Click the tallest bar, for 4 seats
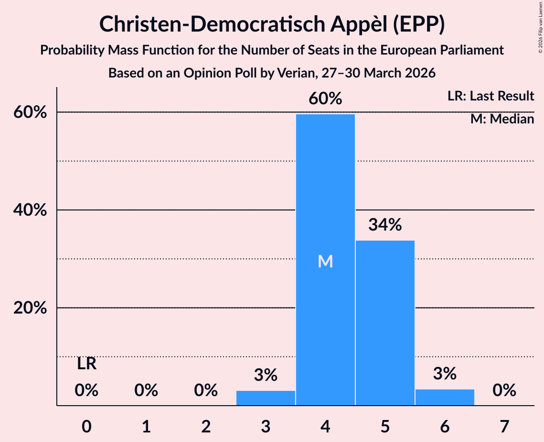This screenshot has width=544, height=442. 325,260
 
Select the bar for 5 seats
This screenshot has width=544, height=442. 385,323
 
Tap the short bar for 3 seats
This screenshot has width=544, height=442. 266,398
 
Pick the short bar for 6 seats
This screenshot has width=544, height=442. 445,397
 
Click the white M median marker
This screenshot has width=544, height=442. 325,261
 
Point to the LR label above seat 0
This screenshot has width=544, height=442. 87,364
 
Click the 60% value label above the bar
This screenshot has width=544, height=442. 325,99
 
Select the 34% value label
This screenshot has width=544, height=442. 385,224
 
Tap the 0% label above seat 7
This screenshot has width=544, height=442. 504,390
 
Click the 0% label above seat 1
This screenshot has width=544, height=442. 147,390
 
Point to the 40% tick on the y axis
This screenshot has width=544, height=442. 30,210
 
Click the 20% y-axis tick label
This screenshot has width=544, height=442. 30,308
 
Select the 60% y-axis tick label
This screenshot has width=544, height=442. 30,112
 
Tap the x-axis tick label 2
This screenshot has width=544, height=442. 206,426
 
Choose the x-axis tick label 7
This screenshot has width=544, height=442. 504,426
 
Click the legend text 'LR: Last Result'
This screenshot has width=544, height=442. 491,96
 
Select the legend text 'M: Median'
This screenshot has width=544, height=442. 502,119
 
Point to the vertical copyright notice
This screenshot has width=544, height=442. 541,27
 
